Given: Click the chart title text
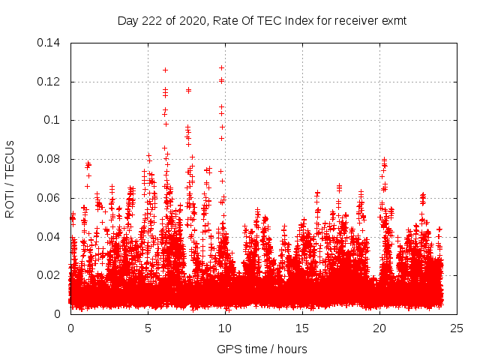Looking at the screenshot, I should tap(262, 21).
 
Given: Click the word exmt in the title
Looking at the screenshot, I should tap(392, 21).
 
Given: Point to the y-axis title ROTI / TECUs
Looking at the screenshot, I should tap(10, 178).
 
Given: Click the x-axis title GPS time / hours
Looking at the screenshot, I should tap(262, 349).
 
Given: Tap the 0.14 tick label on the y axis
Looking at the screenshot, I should tap(50, 43).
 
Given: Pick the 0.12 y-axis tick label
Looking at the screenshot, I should tap(50, 82).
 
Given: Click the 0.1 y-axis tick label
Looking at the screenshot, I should tap(53, 120).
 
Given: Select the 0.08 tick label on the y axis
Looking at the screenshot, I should tap(50, 159).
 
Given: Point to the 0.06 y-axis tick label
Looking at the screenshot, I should tap(50, 198).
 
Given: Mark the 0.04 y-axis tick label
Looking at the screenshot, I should tap(50, 237).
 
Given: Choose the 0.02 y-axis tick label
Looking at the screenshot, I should tap(50, 275).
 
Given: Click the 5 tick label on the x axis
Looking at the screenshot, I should tap(148, 328).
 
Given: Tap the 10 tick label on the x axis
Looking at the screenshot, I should tap(225, 328).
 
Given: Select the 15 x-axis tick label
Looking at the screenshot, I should tap(302, 328).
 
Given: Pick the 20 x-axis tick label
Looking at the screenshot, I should tap(379, 328).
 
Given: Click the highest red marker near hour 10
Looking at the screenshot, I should tap(221, 67).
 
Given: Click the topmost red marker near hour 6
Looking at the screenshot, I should tap(165, 70).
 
